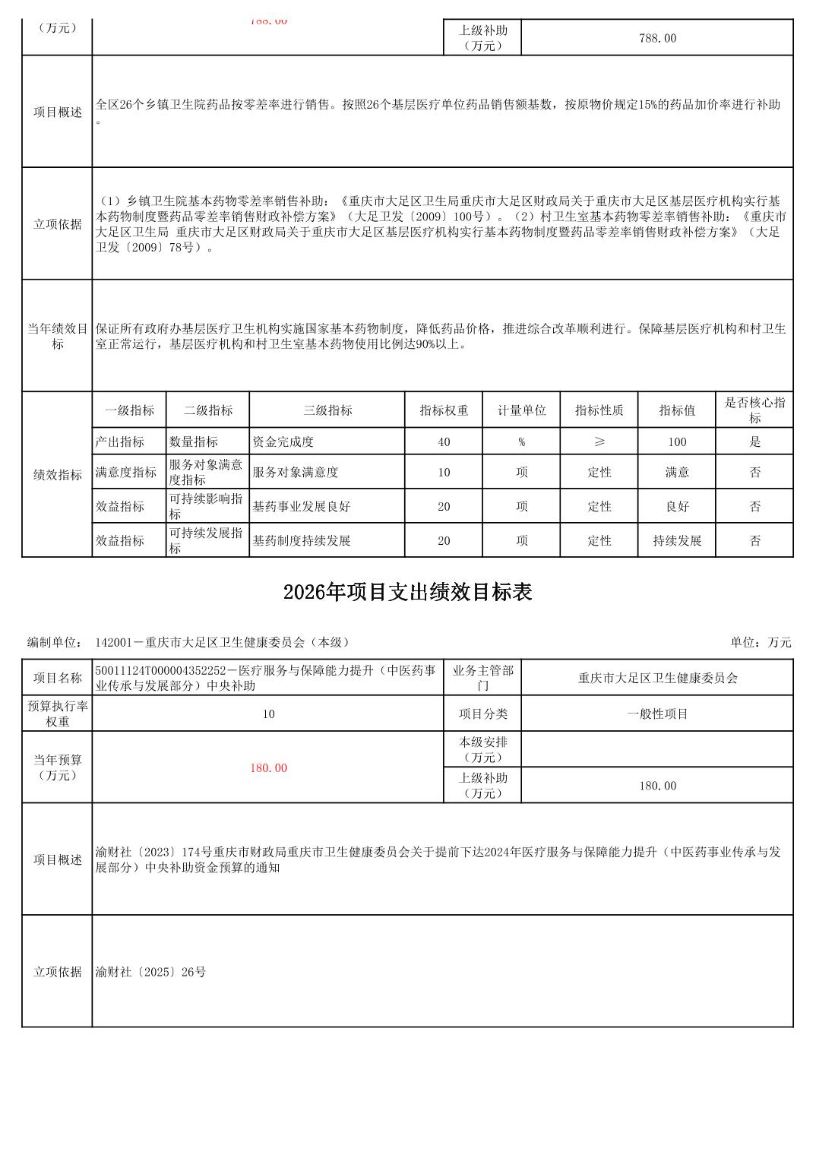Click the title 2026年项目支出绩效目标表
[407, 593]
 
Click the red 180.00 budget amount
[268, 768]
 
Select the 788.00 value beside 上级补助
[657, 38]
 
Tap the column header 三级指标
[327, 410]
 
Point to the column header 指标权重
[444, 410]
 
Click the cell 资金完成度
[283, 441]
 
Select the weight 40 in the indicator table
[444, 441]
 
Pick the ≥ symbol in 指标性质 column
[599, 441]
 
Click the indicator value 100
[676, 441]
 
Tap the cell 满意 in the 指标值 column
[676, 472]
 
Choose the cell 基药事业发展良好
[302, 506]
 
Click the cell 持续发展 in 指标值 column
[676, 541]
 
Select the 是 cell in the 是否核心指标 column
[754, 441]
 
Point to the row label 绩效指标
[58, 475]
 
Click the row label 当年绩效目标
[58, 336]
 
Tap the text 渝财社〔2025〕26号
[151, 972]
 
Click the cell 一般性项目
[657, 714]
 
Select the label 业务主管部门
[482, 678]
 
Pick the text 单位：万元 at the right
[761, 642]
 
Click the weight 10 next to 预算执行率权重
[268, 714]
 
